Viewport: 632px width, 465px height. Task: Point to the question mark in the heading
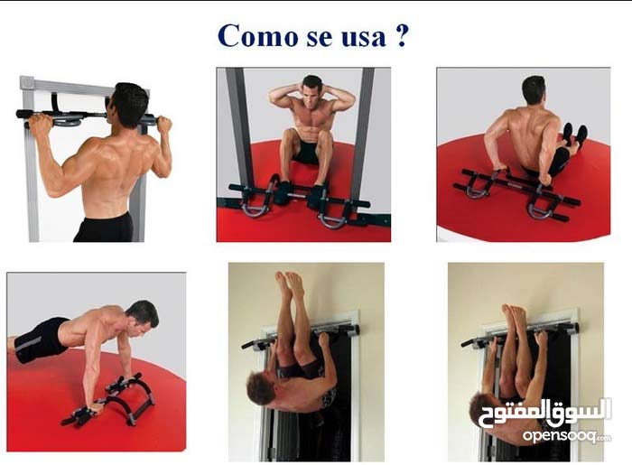click(x=401, y=35)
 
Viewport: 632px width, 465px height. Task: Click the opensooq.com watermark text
click(x=567, y=435)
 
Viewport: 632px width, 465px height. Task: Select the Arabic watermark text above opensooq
click(x=545, y=413)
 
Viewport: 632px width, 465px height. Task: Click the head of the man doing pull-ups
click(x=128, y=105)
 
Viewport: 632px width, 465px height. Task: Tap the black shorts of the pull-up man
click(x=104, y=228)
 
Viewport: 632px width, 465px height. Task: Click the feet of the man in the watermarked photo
click(x=514, y=314)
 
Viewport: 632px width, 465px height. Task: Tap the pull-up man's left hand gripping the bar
click(x=40, y=122)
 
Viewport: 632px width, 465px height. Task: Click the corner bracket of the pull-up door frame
click(x=27, y=82)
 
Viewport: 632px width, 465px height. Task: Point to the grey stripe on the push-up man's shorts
click(x=28, y=344)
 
